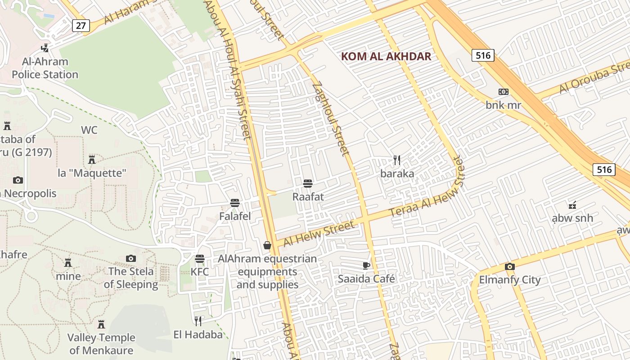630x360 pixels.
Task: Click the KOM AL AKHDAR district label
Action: point(386,56)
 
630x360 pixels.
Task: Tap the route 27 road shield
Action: point(81,25)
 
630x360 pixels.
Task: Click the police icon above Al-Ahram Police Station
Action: point(45,48)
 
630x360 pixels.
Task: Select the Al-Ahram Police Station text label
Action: point(45,68)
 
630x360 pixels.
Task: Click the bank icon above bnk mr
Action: point(503,92)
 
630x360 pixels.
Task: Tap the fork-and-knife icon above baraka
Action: point(397,160)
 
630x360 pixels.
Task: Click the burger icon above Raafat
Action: point(308,184)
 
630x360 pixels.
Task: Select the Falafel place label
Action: point(235,216)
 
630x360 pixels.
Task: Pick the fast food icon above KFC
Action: point(200,259)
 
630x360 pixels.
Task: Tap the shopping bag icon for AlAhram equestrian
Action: point(267,245)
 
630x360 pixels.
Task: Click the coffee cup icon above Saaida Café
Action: point(366,265)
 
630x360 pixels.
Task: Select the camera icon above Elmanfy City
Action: point(509,266)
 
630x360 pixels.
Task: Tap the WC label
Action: point(89,130)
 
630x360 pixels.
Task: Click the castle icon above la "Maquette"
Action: point(92,159)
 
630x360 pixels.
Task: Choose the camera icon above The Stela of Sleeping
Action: point(131,258)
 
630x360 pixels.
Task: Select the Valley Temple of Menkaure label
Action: point(101,344)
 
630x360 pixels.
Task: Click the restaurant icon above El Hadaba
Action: point(198,321)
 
